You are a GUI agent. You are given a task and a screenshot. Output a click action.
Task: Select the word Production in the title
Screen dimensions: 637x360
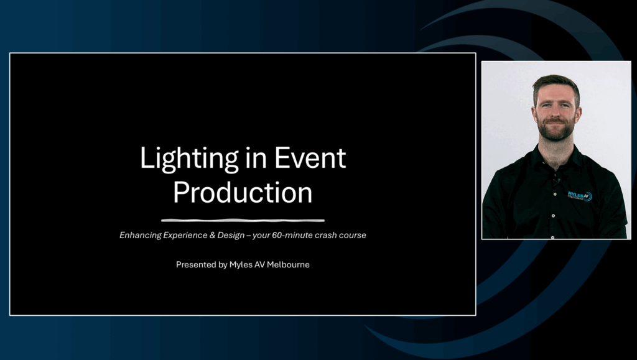coord(243,192)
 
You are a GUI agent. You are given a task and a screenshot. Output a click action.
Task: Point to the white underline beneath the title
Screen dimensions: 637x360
coord(243,220)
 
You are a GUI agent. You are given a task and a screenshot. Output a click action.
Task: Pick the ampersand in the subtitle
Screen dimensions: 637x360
coord(212,235)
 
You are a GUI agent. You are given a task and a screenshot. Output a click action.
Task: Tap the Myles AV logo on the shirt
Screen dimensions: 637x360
coord(580,196)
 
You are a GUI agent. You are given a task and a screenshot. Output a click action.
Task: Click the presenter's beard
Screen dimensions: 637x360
coord(556,129)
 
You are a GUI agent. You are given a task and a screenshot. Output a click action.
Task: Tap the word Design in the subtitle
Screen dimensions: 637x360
coord(231,236)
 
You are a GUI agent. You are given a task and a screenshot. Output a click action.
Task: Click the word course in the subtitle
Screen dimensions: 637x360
coord(353,236)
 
